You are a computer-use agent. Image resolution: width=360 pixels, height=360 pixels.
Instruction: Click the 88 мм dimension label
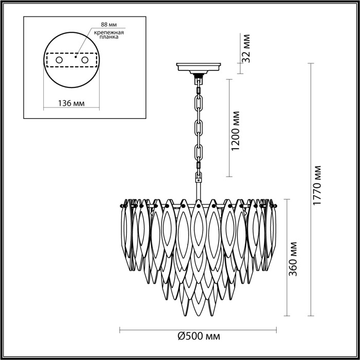pos(109,24)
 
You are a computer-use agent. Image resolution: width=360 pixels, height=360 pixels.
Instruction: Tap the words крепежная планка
pos(109,34)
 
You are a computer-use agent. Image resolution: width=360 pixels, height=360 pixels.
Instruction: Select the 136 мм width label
pos(71,103)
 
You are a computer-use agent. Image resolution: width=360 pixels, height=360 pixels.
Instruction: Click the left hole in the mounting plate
pos(59,60)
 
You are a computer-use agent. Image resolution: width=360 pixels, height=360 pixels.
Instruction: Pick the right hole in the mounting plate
pos(85,60)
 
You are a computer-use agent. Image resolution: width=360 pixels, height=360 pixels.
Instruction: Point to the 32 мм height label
pos(246,48)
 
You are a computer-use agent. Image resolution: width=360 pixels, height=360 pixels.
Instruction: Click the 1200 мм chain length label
pos(236,131)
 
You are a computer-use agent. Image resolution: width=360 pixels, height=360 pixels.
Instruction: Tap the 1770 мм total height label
pos(318,185)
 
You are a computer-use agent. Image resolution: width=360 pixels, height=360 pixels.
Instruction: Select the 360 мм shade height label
pos(293,259)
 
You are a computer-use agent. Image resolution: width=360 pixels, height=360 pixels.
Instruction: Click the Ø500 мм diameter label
pos(199,336)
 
